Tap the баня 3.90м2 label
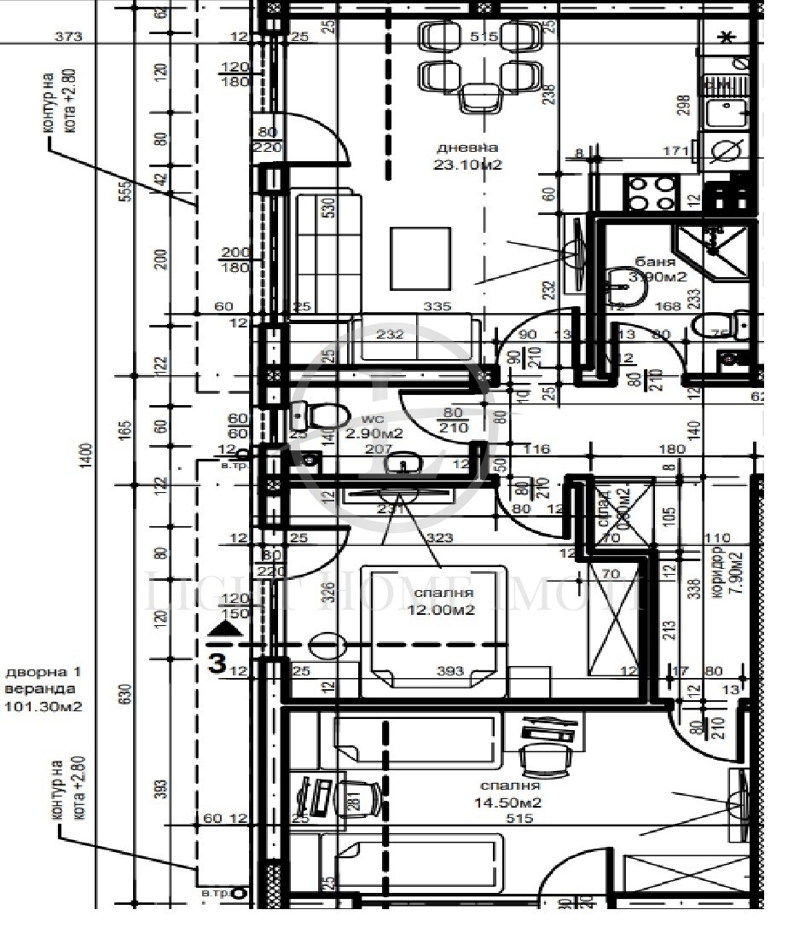(658, 269)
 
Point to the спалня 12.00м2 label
(443, 601)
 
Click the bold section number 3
(218, 662)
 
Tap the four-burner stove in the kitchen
(652, 192)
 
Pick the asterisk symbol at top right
(727, 37)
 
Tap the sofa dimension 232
(390, 334)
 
